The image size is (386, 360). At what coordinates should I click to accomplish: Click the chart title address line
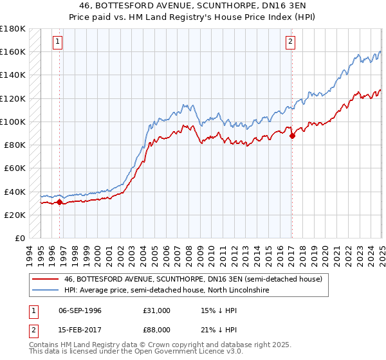pyautogui.click(x=193, y=5)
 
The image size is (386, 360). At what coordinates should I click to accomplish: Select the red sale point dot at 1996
pyautogui.click(x=59, y=202)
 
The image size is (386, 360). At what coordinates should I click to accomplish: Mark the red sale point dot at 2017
pyautogui.click(x=292, y=136)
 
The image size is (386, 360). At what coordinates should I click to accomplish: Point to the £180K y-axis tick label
pyautogui.click(x=13, y=29)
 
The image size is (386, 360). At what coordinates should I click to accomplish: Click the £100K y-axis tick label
pyautogui.click(x=13, y=122)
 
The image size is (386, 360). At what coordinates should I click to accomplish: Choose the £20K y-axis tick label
pyautogui.click(x=15, y=215)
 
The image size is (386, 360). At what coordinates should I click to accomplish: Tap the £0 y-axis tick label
pyautogui.click(x=20, y=238)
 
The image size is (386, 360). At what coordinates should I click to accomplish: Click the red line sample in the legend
pyautogui.click(x=44, y=279)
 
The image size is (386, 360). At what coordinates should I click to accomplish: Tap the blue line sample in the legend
pyautogui.click(x=44, y=291)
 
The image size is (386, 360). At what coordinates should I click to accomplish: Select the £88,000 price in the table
pyautogui.click(x=157, y=331)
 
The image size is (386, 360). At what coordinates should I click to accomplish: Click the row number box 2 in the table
pyautogui.click(x=33, y=331)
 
